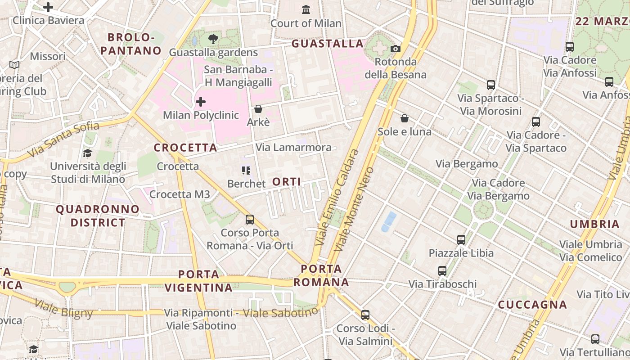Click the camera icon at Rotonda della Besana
(396, 49)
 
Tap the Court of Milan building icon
(306, 9)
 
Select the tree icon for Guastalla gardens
(213, 39)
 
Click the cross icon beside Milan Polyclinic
(201, 102)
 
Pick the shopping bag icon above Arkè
(258, 109)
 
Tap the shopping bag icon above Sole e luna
(405, 118)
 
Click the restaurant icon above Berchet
(246, 171)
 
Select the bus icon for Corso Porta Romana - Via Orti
(250, 220)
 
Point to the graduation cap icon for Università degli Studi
(88, 153)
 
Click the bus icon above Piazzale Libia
(461, 240)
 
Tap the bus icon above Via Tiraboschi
(442, 271)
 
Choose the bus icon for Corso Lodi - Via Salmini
(365, 315)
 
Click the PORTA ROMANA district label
(321, 275)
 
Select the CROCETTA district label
(185, 148)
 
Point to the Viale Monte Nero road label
(354, 209)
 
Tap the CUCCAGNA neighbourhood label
(532, 305)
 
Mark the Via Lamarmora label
(293, 147)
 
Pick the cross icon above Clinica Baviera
(48, 7)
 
